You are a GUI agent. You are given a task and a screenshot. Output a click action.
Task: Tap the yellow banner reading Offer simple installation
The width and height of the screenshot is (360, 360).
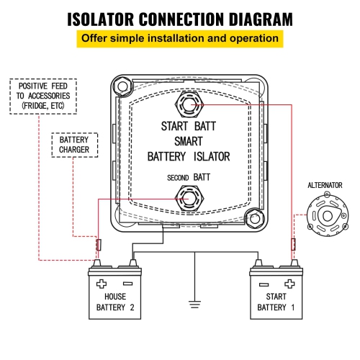(179, 39)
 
